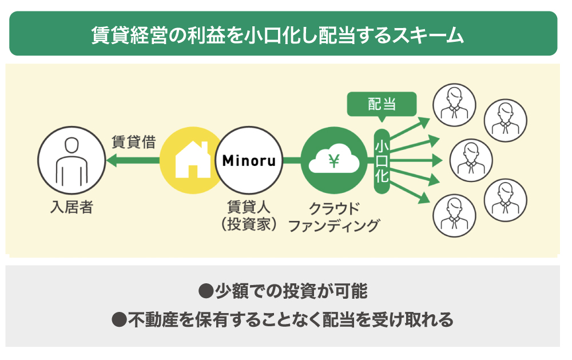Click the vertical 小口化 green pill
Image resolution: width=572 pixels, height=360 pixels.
pos(382,161)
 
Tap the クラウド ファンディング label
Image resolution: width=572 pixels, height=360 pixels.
pos(334,216)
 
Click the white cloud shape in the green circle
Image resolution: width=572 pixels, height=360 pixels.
pos(333,163)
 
